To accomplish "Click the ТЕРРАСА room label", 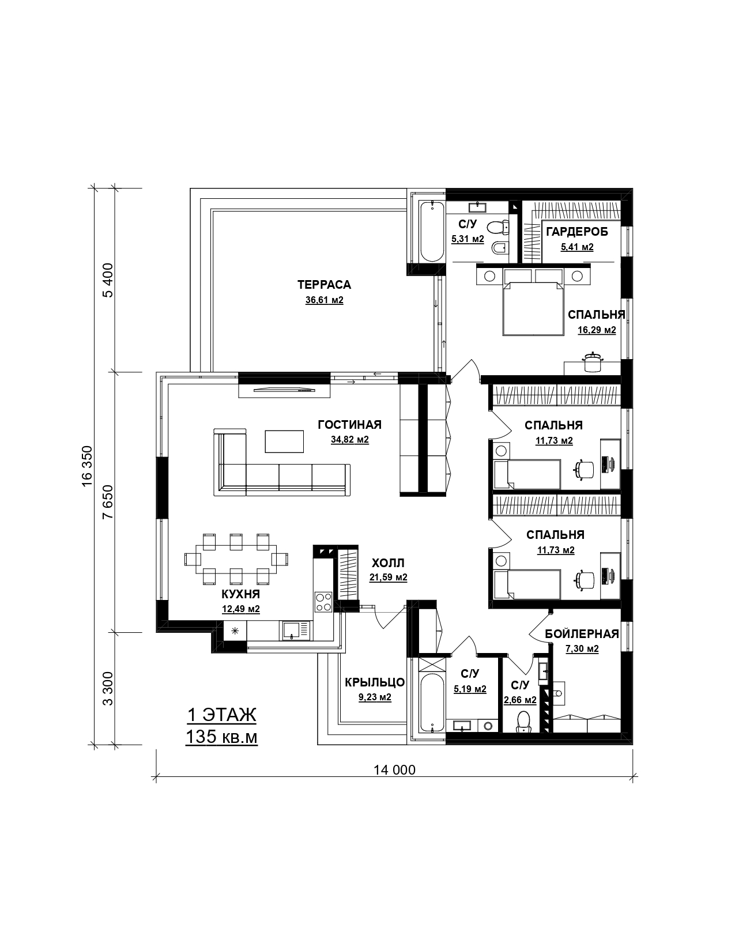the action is (x=325, y=285).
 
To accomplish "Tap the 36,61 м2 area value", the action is (x=325, y=300).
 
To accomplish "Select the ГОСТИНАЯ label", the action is (x=350, y=425).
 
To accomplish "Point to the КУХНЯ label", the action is (x=240, y=594).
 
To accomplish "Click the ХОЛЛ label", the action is (x=389, y=563).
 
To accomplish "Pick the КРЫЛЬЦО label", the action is (x=375, y=682).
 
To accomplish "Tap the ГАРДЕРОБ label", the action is (x=577, y=232).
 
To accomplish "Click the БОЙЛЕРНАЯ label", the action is (x=582, y=633).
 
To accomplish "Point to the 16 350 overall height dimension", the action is (x=87, y=466).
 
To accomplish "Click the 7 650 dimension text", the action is (x=108, y=502).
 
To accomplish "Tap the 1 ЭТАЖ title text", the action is (x=221, y=715).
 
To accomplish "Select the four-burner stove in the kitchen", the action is (x=323, y=602).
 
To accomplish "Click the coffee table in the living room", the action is (x=284, y=441).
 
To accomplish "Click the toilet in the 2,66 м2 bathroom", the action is (x=523, y=722).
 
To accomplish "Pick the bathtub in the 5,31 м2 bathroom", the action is (x=432, y=232).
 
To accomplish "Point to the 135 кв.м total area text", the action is (x=221, y=737).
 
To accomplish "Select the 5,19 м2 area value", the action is (x=470, y=689).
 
